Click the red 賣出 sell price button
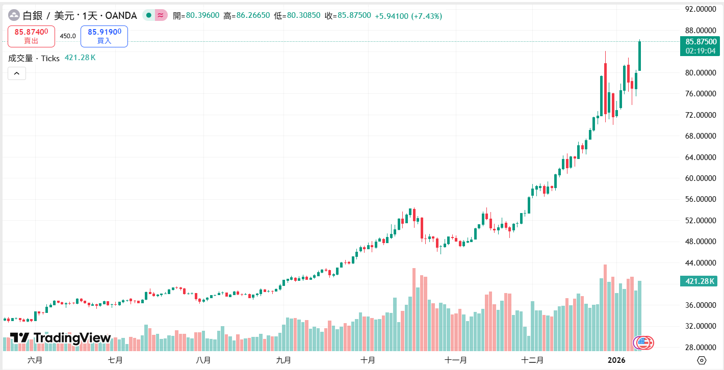pos(31,36)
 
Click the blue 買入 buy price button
pos(104,36)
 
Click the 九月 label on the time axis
pos(283,360)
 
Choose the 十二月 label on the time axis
pos(532,360)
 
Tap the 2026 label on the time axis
pos(617,360)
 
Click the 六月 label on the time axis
pos(35,360)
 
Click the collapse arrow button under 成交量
pos(16,74)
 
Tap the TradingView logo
pos(60,338)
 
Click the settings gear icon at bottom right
pos(702,360)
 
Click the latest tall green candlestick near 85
pos(639,56)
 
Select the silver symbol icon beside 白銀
pos(13,16)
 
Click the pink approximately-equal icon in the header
pos(161,15)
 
